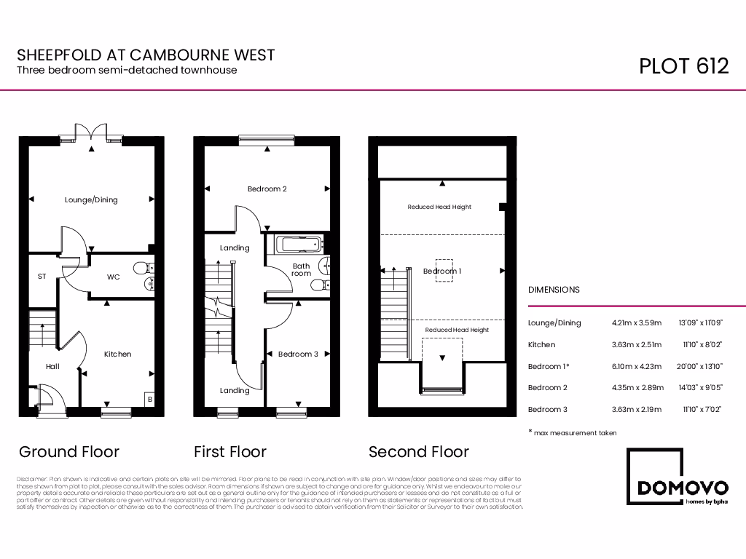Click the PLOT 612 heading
683,66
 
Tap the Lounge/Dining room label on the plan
91,199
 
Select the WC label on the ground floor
113,277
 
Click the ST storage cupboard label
42,277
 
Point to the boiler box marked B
149,399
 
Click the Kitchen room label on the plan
117,354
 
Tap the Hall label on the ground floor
52,366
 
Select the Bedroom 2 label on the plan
267,189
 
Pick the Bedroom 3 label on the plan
298,354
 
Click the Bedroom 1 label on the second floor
442,271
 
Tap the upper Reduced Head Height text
439,207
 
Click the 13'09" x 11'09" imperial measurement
700,322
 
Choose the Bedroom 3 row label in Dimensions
547,409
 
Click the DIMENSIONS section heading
554,290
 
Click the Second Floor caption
418,451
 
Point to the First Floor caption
229,451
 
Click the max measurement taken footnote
573,433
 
